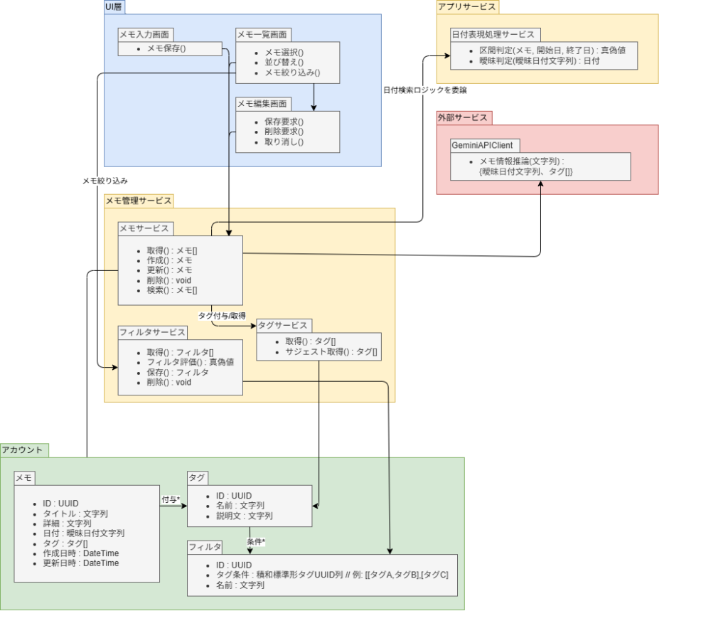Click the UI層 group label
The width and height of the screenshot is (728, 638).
114,6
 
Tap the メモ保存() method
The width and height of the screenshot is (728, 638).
166,48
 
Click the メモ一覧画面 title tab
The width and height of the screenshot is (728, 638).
263,34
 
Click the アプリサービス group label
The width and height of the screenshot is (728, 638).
467,6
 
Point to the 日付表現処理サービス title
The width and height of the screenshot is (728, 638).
496,34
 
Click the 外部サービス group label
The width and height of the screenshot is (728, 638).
464,117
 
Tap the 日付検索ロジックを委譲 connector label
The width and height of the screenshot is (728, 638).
425,90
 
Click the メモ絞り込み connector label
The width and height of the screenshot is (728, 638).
105,181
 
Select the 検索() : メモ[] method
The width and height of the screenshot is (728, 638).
172,290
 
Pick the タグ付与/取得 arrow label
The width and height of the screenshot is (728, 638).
222,315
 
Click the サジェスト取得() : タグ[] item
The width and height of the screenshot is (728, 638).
331,351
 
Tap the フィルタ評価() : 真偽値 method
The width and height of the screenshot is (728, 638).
190,362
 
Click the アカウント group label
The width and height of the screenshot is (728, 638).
23,450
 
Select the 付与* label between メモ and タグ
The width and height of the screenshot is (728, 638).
171,499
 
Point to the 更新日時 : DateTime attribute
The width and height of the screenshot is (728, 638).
80,563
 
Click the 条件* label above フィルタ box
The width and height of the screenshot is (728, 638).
256,542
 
